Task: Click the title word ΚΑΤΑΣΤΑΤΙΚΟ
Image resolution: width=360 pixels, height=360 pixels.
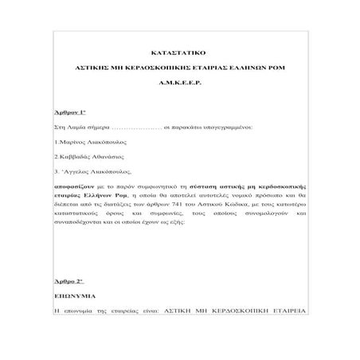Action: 180,49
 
